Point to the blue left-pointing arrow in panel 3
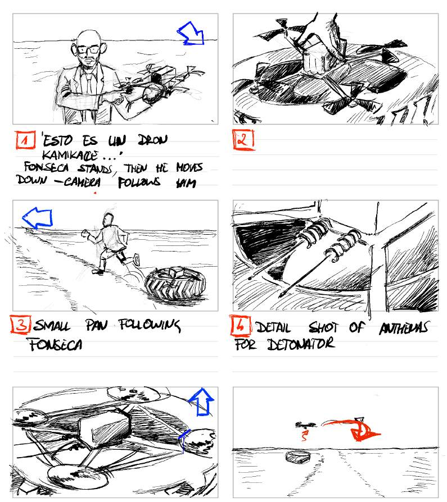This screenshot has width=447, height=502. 37,217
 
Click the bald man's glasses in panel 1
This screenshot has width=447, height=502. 88,49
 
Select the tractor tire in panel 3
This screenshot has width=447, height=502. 175,284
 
